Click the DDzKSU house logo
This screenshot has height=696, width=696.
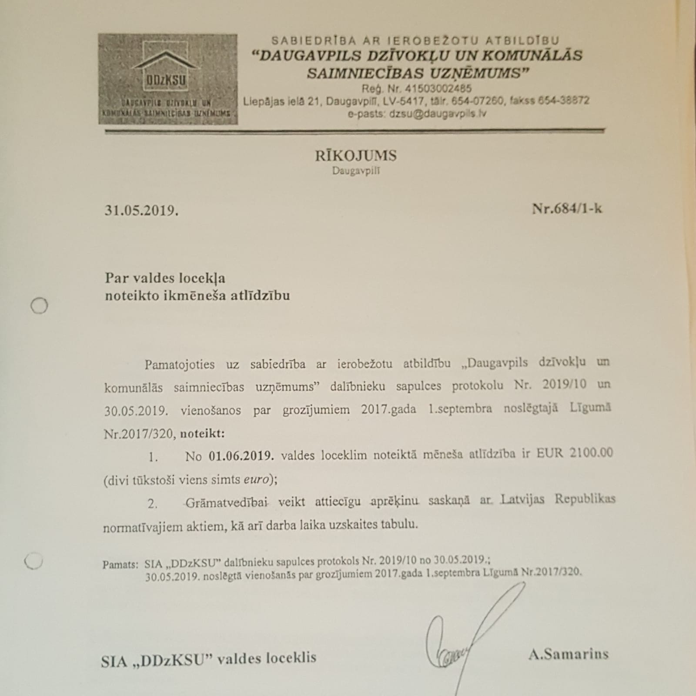[167, 79]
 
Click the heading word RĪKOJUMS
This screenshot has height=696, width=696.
[355, 156]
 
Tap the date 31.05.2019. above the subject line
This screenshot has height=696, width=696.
[141, 211]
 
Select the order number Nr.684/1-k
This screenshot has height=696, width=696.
[567, 209]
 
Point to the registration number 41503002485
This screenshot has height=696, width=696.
[438, 89]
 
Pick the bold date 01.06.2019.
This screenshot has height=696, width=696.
[241, 455]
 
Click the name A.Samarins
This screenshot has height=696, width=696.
[568, 654]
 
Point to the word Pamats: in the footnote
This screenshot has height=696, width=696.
[120, 565]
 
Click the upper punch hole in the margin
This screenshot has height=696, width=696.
[39, 306]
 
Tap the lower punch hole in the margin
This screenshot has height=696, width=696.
[34, 561]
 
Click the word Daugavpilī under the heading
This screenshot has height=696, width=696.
[356, 171]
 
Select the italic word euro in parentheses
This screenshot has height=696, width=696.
[257, 479]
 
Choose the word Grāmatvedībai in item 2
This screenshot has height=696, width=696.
[226, 503]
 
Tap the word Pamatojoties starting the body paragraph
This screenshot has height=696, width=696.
[180, 364]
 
